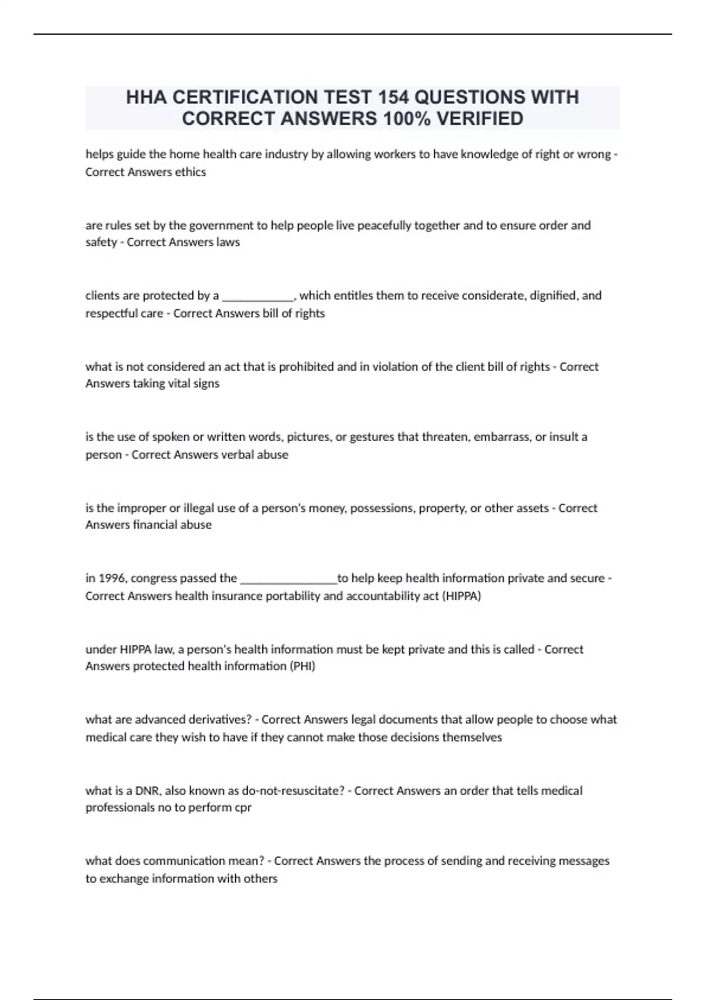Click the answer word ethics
(191, 172)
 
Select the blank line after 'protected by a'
(257, 296)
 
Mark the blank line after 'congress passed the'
(289, 579)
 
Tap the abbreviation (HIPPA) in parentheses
(461, 595)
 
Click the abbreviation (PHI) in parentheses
(302, 666)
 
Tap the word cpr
(242, 808)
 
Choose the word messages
(584, 861)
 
